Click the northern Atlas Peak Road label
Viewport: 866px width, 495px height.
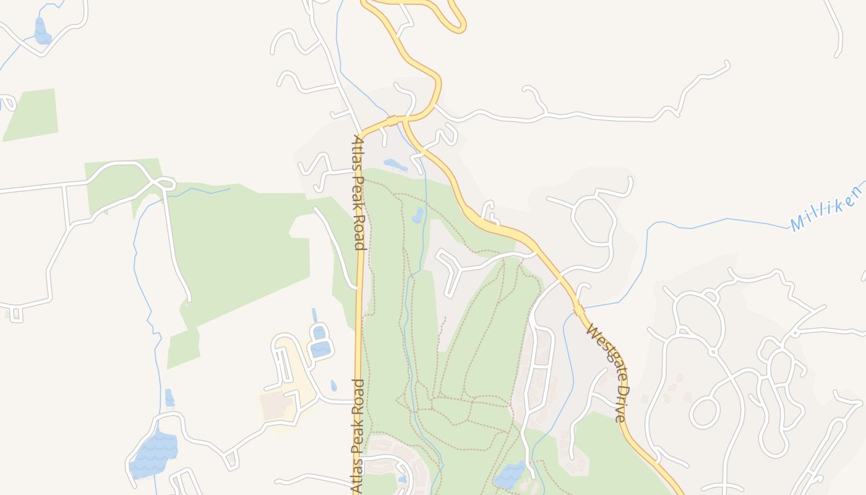click(358, 192)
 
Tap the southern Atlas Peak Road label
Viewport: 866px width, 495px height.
click(358, 436)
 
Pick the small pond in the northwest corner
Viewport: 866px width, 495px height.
click(41, 32)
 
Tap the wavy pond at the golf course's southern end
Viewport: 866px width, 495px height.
click(510, 475)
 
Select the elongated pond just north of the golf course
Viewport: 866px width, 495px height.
click(395, 165)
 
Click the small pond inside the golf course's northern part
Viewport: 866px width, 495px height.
click(418, 215)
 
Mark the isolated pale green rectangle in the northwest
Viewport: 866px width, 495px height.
click(32, 114)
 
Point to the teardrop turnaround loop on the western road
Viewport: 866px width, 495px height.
click(166, 184)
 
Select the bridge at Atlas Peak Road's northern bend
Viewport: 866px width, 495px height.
click(391, 118)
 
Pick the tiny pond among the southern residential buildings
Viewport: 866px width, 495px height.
click(403, 478)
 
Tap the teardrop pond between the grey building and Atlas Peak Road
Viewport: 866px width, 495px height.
click(333, 386)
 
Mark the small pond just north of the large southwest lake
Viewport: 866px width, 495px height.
click(169, 398)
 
